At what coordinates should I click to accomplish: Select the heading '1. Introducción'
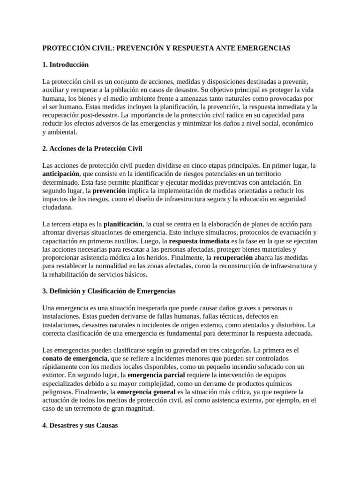(66, 65)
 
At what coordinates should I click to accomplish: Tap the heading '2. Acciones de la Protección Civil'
(92, 149)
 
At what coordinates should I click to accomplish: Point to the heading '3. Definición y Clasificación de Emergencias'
(109, 291)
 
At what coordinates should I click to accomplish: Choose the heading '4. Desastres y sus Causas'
(80, 425)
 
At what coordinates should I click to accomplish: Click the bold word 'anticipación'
(61, 174)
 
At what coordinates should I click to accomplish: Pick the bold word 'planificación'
(123, 224)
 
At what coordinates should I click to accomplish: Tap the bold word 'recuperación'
(233, 258)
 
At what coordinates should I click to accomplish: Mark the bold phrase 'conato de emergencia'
(75, 359)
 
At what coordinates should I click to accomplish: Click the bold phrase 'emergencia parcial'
(157, 375)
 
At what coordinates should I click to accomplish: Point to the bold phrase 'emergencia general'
(146, 392)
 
